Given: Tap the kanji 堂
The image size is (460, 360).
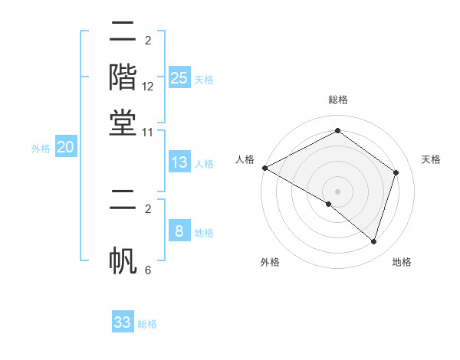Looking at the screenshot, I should [x=123, y=123].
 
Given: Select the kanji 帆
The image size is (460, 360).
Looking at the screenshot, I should [x=123, y=259].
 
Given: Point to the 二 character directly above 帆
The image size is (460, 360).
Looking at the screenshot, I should [x=123, y=201].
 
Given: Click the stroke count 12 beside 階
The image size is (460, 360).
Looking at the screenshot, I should [x=148, y=87].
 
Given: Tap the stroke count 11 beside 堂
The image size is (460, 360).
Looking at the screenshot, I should [x=148, y=133].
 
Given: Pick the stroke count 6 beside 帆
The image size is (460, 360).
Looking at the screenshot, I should [x=148, y=270].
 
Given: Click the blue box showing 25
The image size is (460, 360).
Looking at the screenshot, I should [x=179, y=78].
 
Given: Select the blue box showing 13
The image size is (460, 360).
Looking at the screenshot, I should [x=179, y=162].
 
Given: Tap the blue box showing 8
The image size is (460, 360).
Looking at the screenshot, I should [x=179, y=231].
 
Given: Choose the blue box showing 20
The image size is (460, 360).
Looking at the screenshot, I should [x=65, y=148].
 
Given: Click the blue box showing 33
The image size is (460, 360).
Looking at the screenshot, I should [x=123, y=322].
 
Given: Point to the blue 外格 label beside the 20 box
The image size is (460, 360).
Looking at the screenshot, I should [x=41, y=149].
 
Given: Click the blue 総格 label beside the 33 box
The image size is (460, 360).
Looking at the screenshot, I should [x=147, y=324].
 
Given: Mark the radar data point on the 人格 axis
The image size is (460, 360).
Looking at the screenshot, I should [x=264, y=168].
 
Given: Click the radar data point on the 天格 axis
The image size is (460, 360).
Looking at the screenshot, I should [x=396, y=172].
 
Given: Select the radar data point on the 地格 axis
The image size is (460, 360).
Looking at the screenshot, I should [x=373, y=242].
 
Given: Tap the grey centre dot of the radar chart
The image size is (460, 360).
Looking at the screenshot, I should [x=337, y=191].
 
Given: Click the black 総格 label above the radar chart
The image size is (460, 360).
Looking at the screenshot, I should [x=337, y=100].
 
